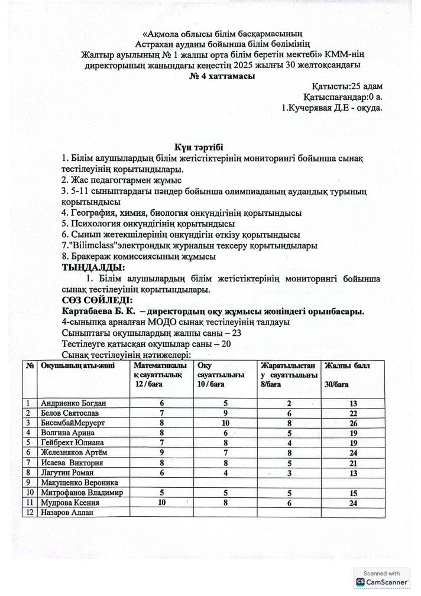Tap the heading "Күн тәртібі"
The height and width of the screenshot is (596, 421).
click(199, 147)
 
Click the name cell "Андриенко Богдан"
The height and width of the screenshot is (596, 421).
click(75, 403)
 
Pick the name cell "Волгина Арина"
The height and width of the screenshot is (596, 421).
click(69, 432)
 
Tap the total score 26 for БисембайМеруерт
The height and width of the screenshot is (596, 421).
click(354, 423)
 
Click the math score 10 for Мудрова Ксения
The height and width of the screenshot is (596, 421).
click(161, 503)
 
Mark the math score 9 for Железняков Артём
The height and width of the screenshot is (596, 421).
click(161, 452)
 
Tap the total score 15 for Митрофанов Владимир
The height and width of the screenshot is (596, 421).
click(354, 493)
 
